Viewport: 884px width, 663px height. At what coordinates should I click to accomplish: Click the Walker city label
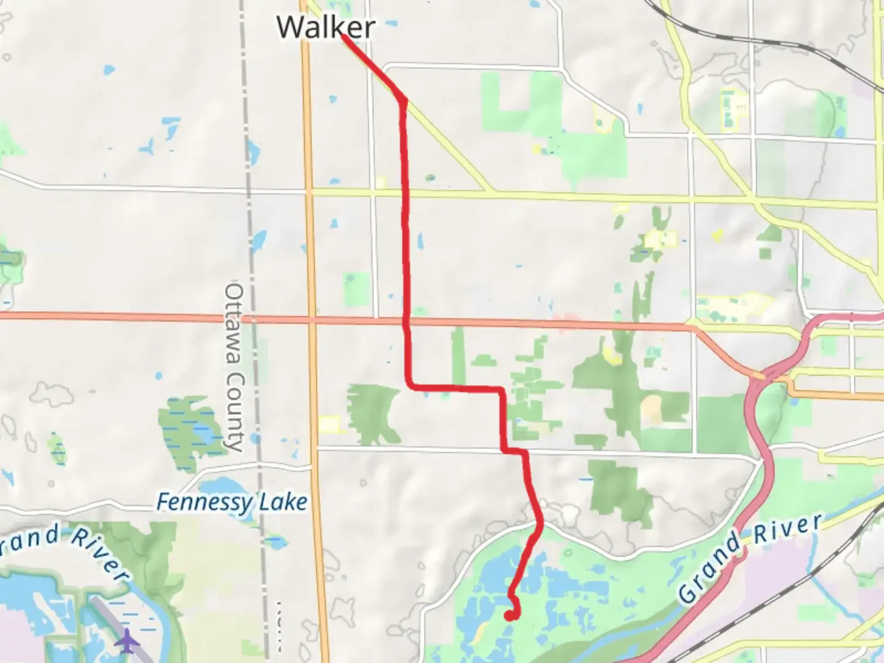coord(325,27)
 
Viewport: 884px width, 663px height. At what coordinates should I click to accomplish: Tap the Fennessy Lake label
coord(231,503)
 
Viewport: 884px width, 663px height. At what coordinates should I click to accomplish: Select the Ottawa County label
coord(235,367)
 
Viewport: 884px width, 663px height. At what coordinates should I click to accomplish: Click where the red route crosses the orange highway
coord(406,320)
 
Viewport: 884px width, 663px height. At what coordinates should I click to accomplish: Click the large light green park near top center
coord(522,101)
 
